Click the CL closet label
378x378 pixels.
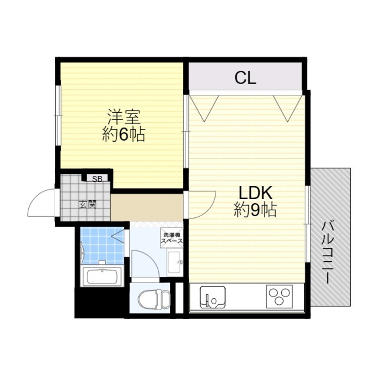[x=245, y=77]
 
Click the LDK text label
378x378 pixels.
[x=255, y=193]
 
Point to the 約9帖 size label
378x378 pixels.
[x=255, y=209]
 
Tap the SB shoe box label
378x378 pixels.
[x=98, y=179]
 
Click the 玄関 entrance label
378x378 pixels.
[x=88, y=204]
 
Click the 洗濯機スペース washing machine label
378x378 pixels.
[x=172, y=238]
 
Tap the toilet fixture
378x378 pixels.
[x=154, y=299]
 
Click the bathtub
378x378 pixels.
[x=102, y=276]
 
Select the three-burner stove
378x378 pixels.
[x=279, y=296]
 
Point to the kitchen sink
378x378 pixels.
[x=212, y=297]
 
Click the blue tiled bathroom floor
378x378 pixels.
[x=102, y=246]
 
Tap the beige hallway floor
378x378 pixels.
[x=147, y=207]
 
